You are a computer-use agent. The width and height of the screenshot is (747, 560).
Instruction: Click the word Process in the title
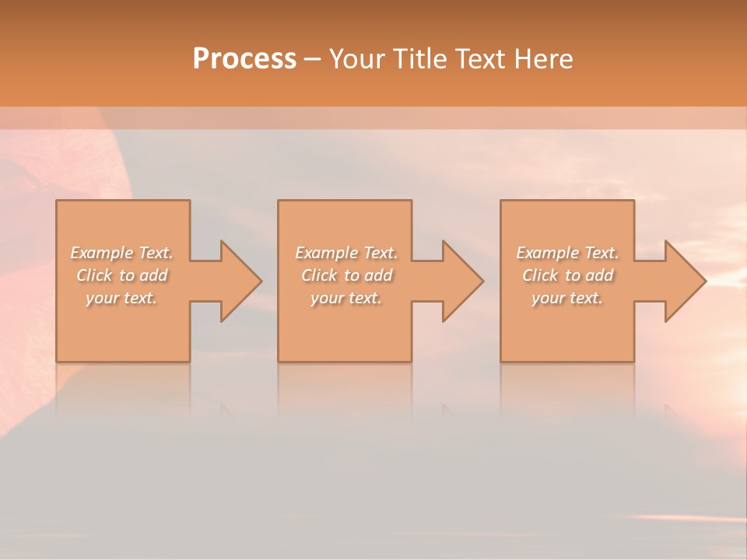click(x=244, y=59)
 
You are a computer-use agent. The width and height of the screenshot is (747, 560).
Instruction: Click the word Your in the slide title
click(x=358, y=59)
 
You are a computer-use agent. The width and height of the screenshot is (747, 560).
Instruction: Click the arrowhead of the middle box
click(x=461, y=281)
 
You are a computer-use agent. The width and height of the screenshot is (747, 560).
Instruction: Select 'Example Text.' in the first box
click(x=121, y=253)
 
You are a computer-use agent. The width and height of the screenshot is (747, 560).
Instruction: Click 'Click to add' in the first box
click(x=121, y=275)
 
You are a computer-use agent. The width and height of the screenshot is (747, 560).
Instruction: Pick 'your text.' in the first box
click(x=121, y=298)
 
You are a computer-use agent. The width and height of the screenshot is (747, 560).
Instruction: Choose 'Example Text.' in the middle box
click(x=345, y=253)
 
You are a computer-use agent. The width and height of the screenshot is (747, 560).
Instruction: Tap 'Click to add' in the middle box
click(x=345, y=275)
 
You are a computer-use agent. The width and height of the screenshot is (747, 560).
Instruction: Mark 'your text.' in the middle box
click(x=345, y=298)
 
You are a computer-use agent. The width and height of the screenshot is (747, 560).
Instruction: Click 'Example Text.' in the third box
click(x=567, y=253)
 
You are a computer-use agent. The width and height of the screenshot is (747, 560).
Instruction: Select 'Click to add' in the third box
click(x=567, y=275)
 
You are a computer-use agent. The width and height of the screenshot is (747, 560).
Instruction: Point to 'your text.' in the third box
click(x=567, y=298)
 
